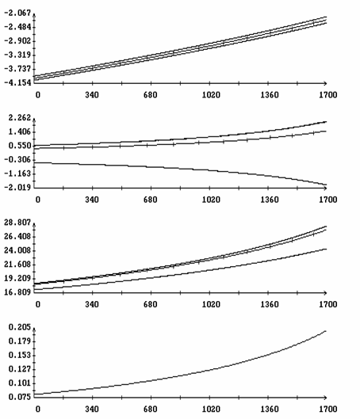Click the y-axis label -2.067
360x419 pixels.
pyautogui.click(x=17, y=13)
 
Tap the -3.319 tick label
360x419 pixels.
pyautogui.click(x=17, y=55)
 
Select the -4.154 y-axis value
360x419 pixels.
pyautogui.click(x=17, y=83)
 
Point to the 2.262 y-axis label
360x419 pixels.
pyautogui.click(x=20, y=118)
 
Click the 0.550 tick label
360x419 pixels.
pyautogui.click(x=20, y=146)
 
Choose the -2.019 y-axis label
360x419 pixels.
pyautogui.click(x=17, y=188)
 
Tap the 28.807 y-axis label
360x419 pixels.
pyautogui.click(x=17, y=223)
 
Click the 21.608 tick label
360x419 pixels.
pyautogui.click(x=17, y=265)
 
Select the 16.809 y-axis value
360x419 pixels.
pyautogui.click(x=17, y=292)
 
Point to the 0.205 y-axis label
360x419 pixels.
pyautogui.click(x=20, y=327)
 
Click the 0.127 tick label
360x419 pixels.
pyautogui.click(x=20, y=369)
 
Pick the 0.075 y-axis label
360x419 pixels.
pyautogui.click(x=20, y=397)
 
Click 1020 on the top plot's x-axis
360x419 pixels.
pyautogui.click(x=211, y=95)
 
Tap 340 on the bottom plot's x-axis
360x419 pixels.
pyautogui.click(x=92, y=409)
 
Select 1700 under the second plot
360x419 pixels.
pyautogui.click(x=328, y=200)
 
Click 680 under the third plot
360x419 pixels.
pyautogui.click(x=151, y=304)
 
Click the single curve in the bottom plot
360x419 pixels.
pyautogui.click(x=181, y=375)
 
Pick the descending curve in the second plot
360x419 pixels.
pyautogui.click(x=181, y=169)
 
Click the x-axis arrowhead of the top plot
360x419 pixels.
pyautogui.click(x=325, y=83)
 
